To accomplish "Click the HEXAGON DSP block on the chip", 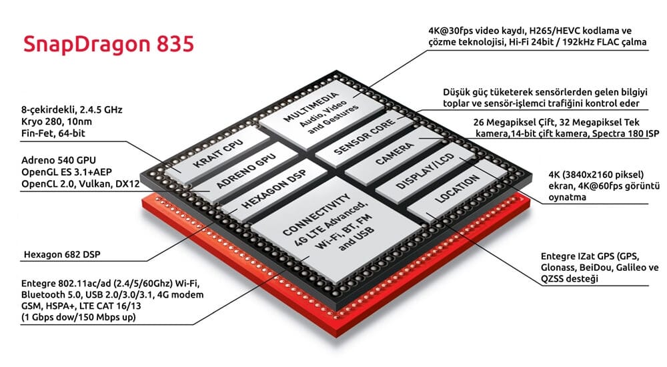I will [267, 189].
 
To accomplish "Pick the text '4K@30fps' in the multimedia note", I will [451, 31].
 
